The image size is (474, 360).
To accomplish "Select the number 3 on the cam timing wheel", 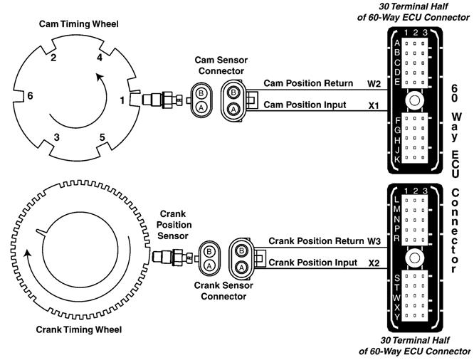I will point(56,135).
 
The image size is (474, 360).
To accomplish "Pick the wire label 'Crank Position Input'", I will point(312,263).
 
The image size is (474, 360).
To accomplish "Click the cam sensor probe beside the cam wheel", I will point(160,99).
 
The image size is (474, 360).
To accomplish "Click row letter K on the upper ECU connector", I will point(397,159).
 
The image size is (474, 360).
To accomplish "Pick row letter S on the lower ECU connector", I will point(397,277).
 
